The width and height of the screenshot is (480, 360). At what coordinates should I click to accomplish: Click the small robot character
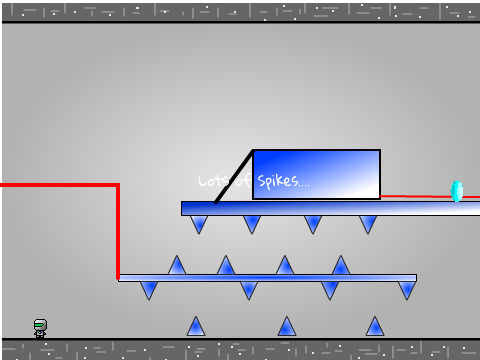tap(40, 329)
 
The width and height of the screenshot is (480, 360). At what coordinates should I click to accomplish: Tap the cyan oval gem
tap(457, 191)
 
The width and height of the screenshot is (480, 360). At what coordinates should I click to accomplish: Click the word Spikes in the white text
tap(278, 181)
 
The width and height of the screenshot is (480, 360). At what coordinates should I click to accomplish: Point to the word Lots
tap(213, 181)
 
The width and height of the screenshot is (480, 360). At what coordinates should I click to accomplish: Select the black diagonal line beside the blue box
tap(234, 177)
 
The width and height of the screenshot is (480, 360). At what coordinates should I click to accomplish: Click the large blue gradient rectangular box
tap(316, 174)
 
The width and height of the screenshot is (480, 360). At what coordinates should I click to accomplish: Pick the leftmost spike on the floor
tap(196, 326)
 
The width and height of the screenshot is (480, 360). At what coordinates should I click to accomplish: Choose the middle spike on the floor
tap(287, 326)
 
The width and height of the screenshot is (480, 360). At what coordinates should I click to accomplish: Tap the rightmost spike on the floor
tap(375, 326)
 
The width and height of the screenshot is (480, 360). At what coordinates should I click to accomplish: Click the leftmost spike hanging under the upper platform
tap(199, 224)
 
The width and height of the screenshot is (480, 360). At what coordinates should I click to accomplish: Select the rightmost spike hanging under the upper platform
tap(368, 224)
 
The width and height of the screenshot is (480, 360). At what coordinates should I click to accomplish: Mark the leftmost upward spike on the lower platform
tap(177, 266)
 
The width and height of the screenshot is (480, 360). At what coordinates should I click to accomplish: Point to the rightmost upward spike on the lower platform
tap(341, 266)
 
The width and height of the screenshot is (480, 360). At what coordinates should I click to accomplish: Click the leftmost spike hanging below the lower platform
tap(149, 290)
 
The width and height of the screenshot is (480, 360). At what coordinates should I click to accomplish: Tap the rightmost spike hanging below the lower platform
tap(407, 290)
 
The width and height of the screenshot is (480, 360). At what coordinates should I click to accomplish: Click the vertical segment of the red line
tap(118, 232)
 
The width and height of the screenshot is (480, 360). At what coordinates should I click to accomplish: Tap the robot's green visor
tap(40, 323)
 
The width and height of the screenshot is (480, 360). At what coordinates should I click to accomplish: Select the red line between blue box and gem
tap(416, 197)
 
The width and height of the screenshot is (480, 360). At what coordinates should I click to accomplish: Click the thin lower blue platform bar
tap(267, 278)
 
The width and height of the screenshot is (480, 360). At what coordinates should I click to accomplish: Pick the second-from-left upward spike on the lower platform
tap(226, 266)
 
